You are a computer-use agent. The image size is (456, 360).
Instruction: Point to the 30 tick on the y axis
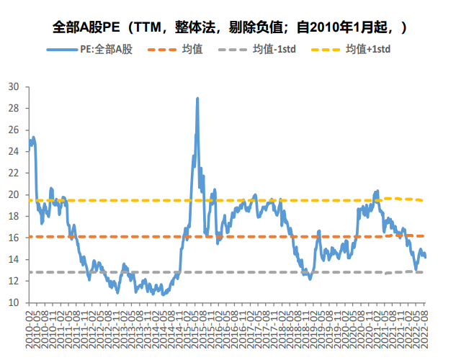pyautogui.click(x=14, y=86)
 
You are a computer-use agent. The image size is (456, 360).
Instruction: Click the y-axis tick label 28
pyautogui.click(x=14, y=108)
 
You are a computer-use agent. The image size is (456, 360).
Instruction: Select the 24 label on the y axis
pyautogui.click(x=14, y=151)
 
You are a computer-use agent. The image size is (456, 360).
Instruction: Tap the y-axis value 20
pyautogui.click(x=14, y=194)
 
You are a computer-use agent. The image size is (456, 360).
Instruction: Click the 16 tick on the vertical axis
pyautogui.click(x=14, y=238)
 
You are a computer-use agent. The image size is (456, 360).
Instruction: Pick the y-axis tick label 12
pyautogui.click(x=14, y=281)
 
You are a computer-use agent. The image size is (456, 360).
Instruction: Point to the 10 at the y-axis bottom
pyautogui.click(x=14, y=302)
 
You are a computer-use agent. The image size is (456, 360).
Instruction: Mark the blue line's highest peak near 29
pyautogui.click(x=197, y=99)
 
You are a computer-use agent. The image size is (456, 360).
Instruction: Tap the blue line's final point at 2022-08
pyautogui.click(x=424, y=256)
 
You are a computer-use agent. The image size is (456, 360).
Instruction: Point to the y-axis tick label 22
pyautogui.click(x=14, y=173)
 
